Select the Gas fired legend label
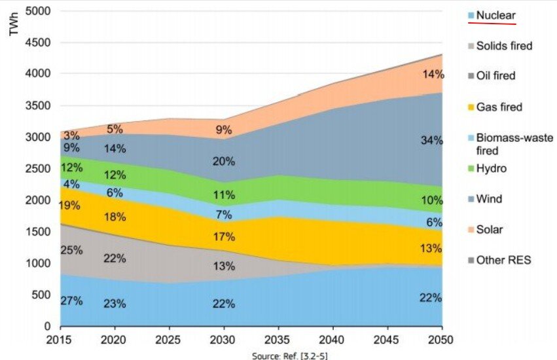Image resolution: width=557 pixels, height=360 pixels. [x=499, y=106]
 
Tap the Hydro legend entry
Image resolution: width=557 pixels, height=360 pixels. [x=492, y=168]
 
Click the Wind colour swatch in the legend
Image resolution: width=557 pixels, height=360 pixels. [x=471, y=199]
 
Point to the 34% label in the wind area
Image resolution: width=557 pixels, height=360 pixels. [x=432, y=139]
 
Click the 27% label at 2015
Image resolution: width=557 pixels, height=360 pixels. [x=71, y=301]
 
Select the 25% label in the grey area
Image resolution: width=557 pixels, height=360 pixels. [x=71, y=250]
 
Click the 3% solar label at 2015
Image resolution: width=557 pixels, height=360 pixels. [x=72, y=135]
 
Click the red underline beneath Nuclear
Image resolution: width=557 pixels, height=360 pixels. [x=492, y=23]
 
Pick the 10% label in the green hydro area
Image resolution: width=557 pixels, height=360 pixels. [x=432, y=200]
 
